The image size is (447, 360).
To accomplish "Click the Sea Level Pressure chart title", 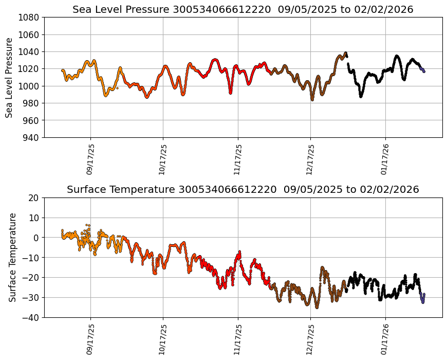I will tap(243, 9).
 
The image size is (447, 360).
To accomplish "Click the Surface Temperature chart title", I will tap(243, 189).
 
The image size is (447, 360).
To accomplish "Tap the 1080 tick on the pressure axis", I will tap(30, 17).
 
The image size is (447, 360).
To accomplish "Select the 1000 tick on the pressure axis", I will tap(30, 86).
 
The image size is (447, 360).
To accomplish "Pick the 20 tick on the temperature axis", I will tap(34, 197).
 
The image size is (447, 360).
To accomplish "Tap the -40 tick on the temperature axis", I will tap(32, 317).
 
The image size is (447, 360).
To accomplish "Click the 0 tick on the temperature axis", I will tap(36, 238).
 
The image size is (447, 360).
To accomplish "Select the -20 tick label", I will tap(32, 278).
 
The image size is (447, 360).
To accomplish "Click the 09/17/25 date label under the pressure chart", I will tap(90, 159).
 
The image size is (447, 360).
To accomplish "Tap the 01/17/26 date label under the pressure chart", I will tap(385, 159).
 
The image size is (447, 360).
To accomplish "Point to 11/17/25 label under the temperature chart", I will tap(237, 339).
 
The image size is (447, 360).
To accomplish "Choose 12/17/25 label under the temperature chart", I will tap(310, 339).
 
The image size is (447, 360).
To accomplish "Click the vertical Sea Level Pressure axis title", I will tap(10, 77).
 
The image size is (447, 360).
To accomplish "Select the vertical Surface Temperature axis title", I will tap(12, 257).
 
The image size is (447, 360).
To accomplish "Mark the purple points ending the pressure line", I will tap(422, 69).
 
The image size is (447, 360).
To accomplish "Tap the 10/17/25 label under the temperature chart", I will tap(163, 339).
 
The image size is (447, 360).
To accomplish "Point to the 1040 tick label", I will tap(30, 51).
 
